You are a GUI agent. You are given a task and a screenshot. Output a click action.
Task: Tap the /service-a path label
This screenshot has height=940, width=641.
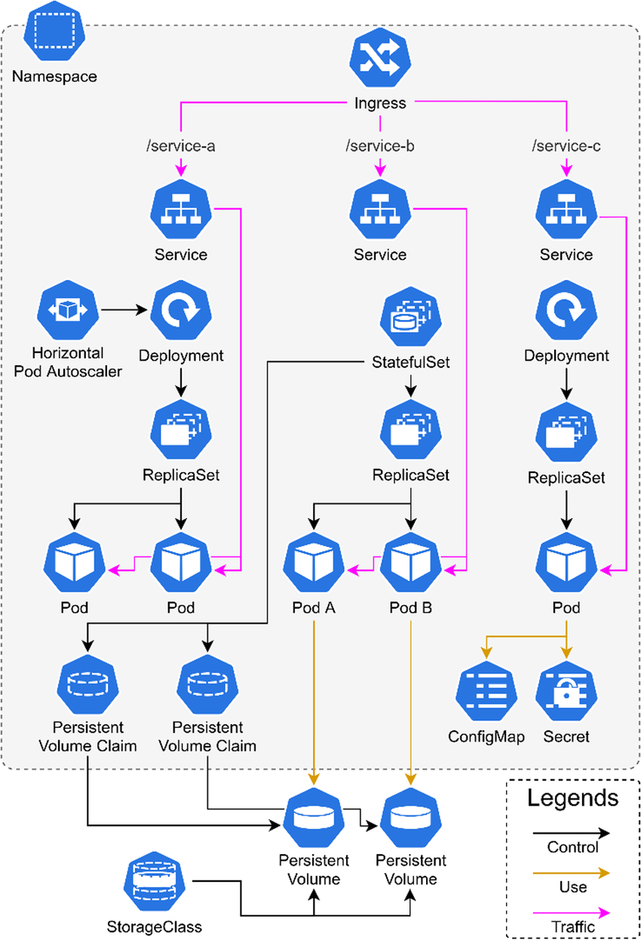pyautogui.click(x=181, y=145)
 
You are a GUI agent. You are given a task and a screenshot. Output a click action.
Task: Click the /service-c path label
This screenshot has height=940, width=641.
pyautogui.click(x=566, y=145)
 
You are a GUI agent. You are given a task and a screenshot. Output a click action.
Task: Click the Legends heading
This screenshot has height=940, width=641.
pyautogui.click(x=572, y=797)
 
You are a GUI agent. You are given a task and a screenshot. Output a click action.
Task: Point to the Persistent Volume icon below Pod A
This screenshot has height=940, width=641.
pyautogui.click(x=314, y=820)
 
